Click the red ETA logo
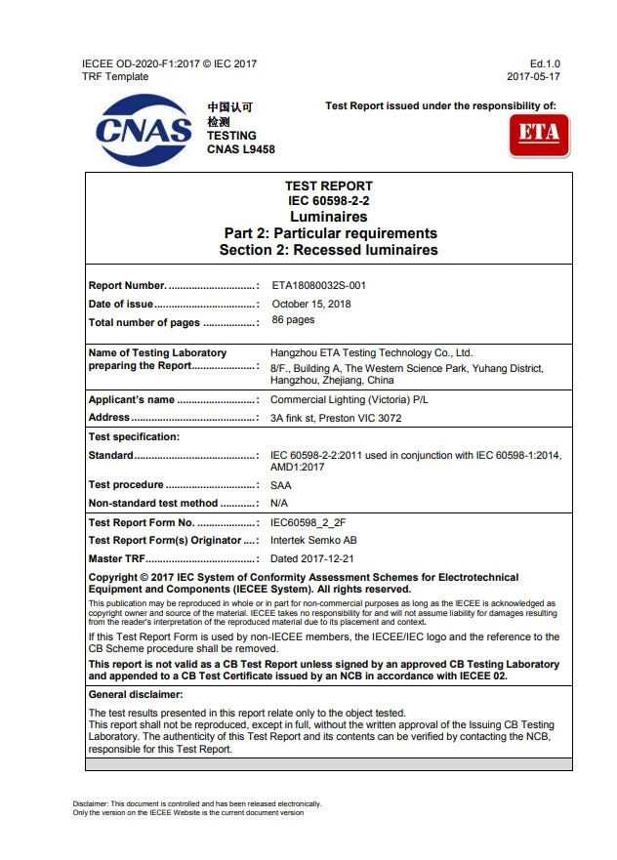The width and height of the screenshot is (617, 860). pyautogui.click(x=539, y=134)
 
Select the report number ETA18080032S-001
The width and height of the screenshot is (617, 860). pyautogui.click(x=318, y=286)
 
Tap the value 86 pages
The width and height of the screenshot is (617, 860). pyautogui.click(x=293, y=320)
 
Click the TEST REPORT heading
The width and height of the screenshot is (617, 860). pyautogui.click(x=328, y=185)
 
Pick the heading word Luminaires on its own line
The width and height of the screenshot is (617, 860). pyautogui.click(x=328, y=216)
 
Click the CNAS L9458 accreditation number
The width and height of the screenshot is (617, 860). pyautogui.click(x=241, y=149)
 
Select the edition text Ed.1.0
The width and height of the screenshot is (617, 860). pyautogui.click(x=545, y=63)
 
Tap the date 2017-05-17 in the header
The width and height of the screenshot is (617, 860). pyautogui.click(x=533, y=76)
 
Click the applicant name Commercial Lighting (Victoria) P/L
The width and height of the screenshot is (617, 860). pyautogui.click(x=349, y=400)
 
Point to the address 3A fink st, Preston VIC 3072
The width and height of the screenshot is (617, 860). pyautogui.click(x=336, y=418)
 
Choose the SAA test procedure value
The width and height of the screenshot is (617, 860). pyautogui.click(x=280, y=485)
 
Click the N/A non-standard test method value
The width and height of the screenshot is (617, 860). pyautogui.click(x=278, y=503)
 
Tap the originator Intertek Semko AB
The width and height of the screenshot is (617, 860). pyautogui.click(x=313, y=541)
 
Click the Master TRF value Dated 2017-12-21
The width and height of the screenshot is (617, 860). pyautogui.click(x=312, y=558)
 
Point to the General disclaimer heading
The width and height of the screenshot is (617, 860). pyautogui.click(x=136, y=695)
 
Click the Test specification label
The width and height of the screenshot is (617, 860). pyautogui.click(x=134, y=436)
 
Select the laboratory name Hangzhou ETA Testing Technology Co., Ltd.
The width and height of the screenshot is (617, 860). pyautogui.click(x=371, y=353)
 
